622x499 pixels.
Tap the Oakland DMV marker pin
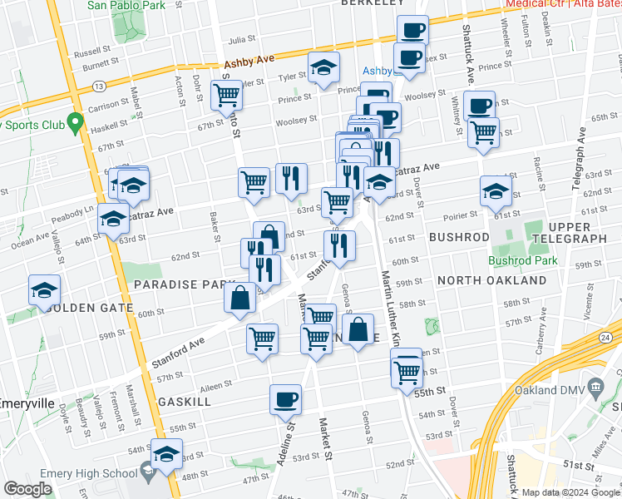595,387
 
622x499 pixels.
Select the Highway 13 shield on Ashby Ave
99,86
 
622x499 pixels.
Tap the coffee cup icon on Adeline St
285,399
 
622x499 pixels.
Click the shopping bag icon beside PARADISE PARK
240,299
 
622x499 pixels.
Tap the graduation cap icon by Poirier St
496,191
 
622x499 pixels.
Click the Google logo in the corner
28,489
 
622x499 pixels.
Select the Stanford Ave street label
177,353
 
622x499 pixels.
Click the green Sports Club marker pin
75,125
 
